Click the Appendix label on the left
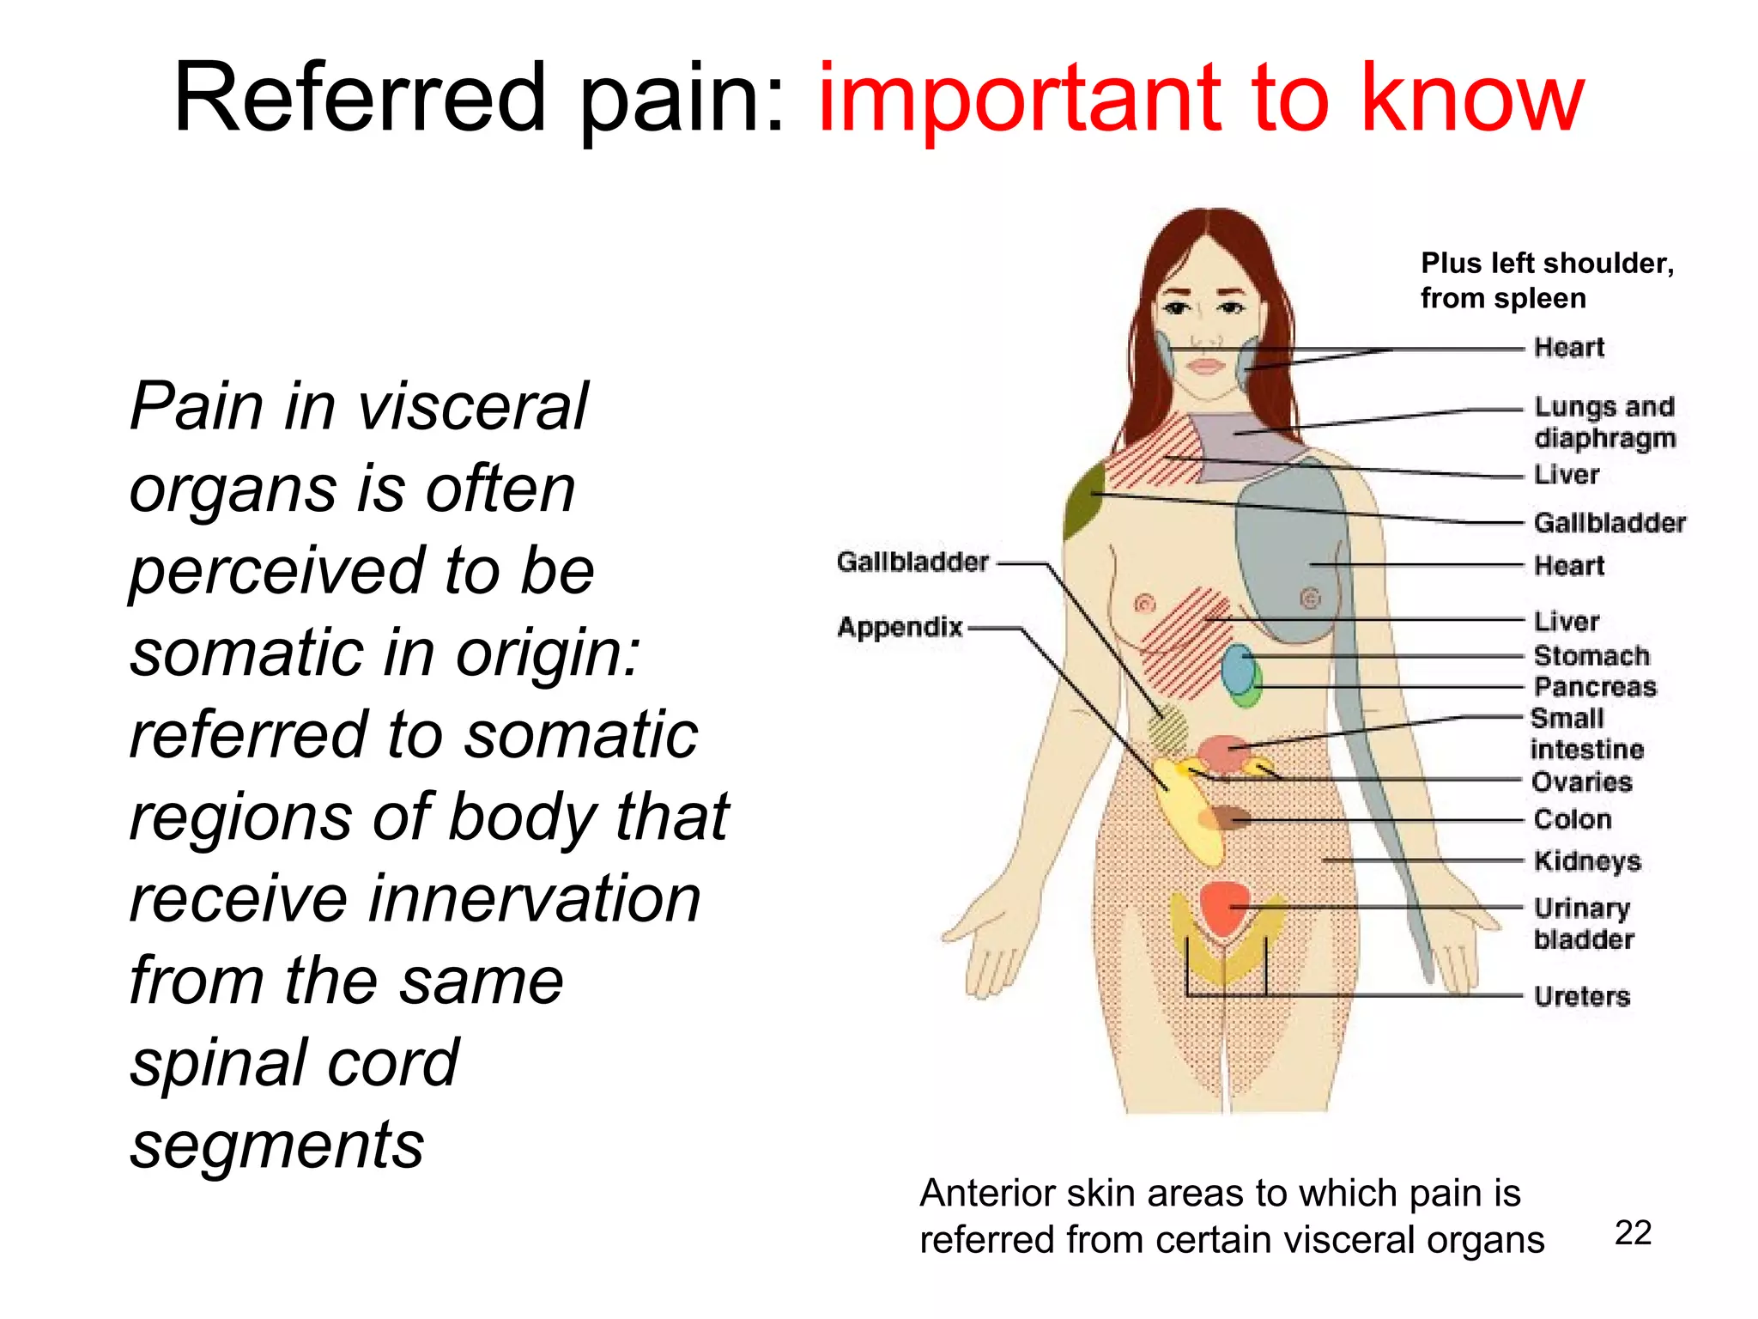[x=900, y=628]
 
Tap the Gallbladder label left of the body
[x=912, y=562]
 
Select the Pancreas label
[x=1595, y=687]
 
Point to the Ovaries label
[x=1582, y=782]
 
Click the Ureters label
[x=1582, y=996]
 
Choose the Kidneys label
[x=1587, y=861]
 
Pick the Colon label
[x=1573, y=819]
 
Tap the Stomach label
[x=1591, y=656]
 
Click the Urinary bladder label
[x=1584, y=923]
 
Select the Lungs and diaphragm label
[x=1604, y=422]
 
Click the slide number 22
[x=1633, y=1233]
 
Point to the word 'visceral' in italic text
[x=473, y=406]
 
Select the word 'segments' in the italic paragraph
[x=277, y=1145]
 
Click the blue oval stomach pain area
[x=1237, y=669]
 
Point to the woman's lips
[x=1205, y=367]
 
